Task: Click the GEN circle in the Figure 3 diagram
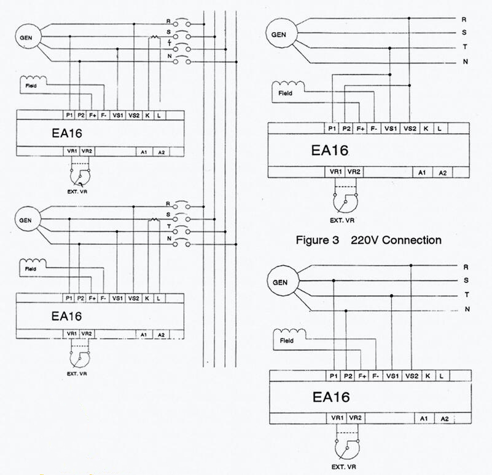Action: tap(281, 33)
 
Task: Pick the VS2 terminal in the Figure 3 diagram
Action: tap(410, 129)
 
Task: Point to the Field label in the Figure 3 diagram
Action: tap(285, 93)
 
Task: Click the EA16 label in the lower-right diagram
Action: tap(330, 397)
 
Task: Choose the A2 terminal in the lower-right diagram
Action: tap(445, 419)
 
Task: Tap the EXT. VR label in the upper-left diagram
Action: tap(77, 191)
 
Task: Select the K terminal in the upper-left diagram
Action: tap(147, 116)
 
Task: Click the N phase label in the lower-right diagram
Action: tap(467, 309)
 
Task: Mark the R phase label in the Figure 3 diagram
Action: tap(464, 20)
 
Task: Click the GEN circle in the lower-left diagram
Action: tap(28, 219)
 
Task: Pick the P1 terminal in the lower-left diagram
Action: tap(69, 298)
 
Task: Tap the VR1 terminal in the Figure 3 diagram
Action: tap(335, 172)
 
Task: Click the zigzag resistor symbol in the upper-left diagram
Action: tap(154, 37)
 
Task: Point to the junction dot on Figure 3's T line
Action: tap(389, 48)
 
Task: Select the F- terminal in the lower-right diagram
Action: tap(375, 376)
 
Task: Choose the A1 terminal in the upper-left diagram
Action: tap(144, 152)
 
